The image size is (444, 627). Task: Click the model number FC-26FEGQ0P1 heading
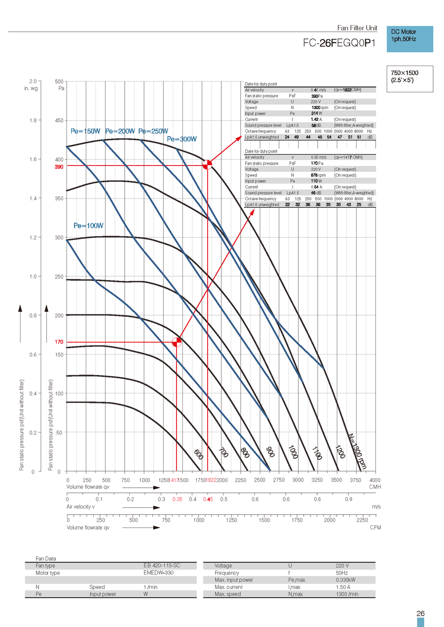[339, 43]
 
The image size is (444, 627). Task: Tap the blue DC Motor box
[409, 39]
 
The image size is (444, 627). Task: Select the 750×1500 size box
[409, 78]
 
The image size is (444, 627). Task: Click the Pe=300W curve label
[182, 139]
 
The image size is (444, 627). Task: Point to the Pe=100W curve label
[88, 226]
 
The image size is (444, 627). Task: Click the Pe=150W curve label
[85, 131]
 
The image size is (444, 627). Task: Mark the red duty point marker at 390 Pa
[207, 165]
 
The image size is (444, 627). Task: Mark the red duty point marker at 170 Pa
[177, 342]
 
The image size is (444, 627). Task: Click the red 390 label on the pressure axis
[59, 167]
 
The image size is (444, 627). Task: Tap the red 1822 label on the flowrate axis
[211, 480]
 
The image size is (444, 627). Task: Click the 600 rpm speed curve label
[198, 454]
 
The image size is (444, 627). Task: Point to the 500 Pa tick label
[59, 82]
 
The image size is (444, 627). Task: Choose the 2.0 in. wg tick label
[33, 81]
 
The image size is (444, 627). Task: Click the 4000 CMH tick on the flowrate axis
[375, 480]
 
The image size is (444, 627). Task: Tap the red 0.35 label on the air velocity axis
[177, 499]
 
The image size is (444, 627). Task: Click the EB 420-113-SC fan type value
[162, 566]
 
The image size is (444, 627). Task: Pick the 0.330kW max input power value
[346, 580]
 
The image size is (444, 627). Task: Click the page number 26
[421, 613]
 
